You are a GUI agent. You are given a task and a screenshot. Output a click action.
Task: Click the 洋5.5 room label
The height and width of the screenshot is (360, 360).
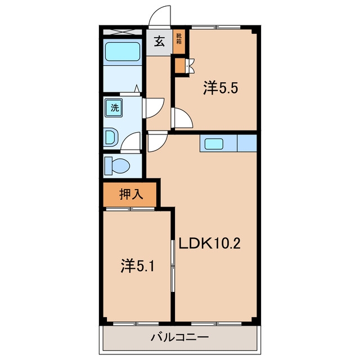coord(220,88)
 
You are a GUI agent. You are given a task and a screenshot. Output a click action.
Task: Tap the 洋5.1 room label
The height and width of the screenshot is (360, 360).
coord(137,266)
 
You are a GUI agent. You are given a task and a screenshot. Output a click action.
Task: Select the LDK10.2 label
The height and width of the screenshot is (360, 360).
coord(210,244)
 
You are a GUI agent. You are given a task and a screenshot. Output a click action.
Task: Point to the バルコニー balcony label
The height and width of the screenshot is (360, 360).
coord(180,337)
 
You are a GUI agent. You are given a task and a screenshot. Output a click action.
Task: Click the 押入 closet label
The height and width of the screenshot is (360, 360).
coord(131,195)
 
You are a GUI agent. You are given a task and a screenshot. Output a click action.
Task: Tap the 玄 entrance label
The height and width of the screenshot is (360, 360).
coord(159,42)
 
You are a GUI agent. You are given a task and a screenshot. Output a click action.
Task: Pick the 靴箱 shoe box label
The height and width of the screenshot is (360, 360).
coord(179,39)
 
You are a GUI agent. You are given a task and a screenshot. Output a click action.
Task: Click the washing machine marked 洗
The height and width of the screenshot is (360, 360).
coord(114,107)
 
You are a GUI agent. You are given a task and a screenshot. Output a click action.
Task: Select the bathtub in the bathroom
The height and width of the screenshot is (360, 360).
coord(123,52)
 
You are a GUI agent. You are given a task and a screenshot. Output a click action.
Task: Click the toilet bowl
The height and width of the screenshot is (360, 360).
coord(118,165)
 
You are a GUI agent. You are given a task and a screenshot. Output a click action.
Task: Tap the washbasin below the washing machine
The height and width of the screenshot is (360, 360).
coord(111,137)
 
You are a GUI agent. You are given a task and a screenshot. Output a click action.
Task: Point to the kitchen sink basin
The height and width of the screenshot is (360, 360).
coord(214,144)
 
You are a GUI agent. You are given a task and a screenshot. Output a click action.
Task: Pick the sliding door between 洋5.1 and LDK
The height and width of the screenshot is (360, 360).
coord(173,265)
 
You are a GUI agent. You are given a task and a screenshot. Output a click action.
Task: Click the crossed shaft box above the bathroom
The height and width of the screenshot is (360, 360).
coord(122,31)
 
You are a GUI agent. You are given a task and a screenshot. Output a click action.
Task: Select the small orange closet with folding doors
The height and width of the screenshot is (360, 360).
coord(180,65)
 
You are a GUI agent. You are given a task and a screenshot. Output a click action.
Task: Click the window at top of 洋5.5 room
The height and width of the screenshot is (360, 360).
coord(216,27)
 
